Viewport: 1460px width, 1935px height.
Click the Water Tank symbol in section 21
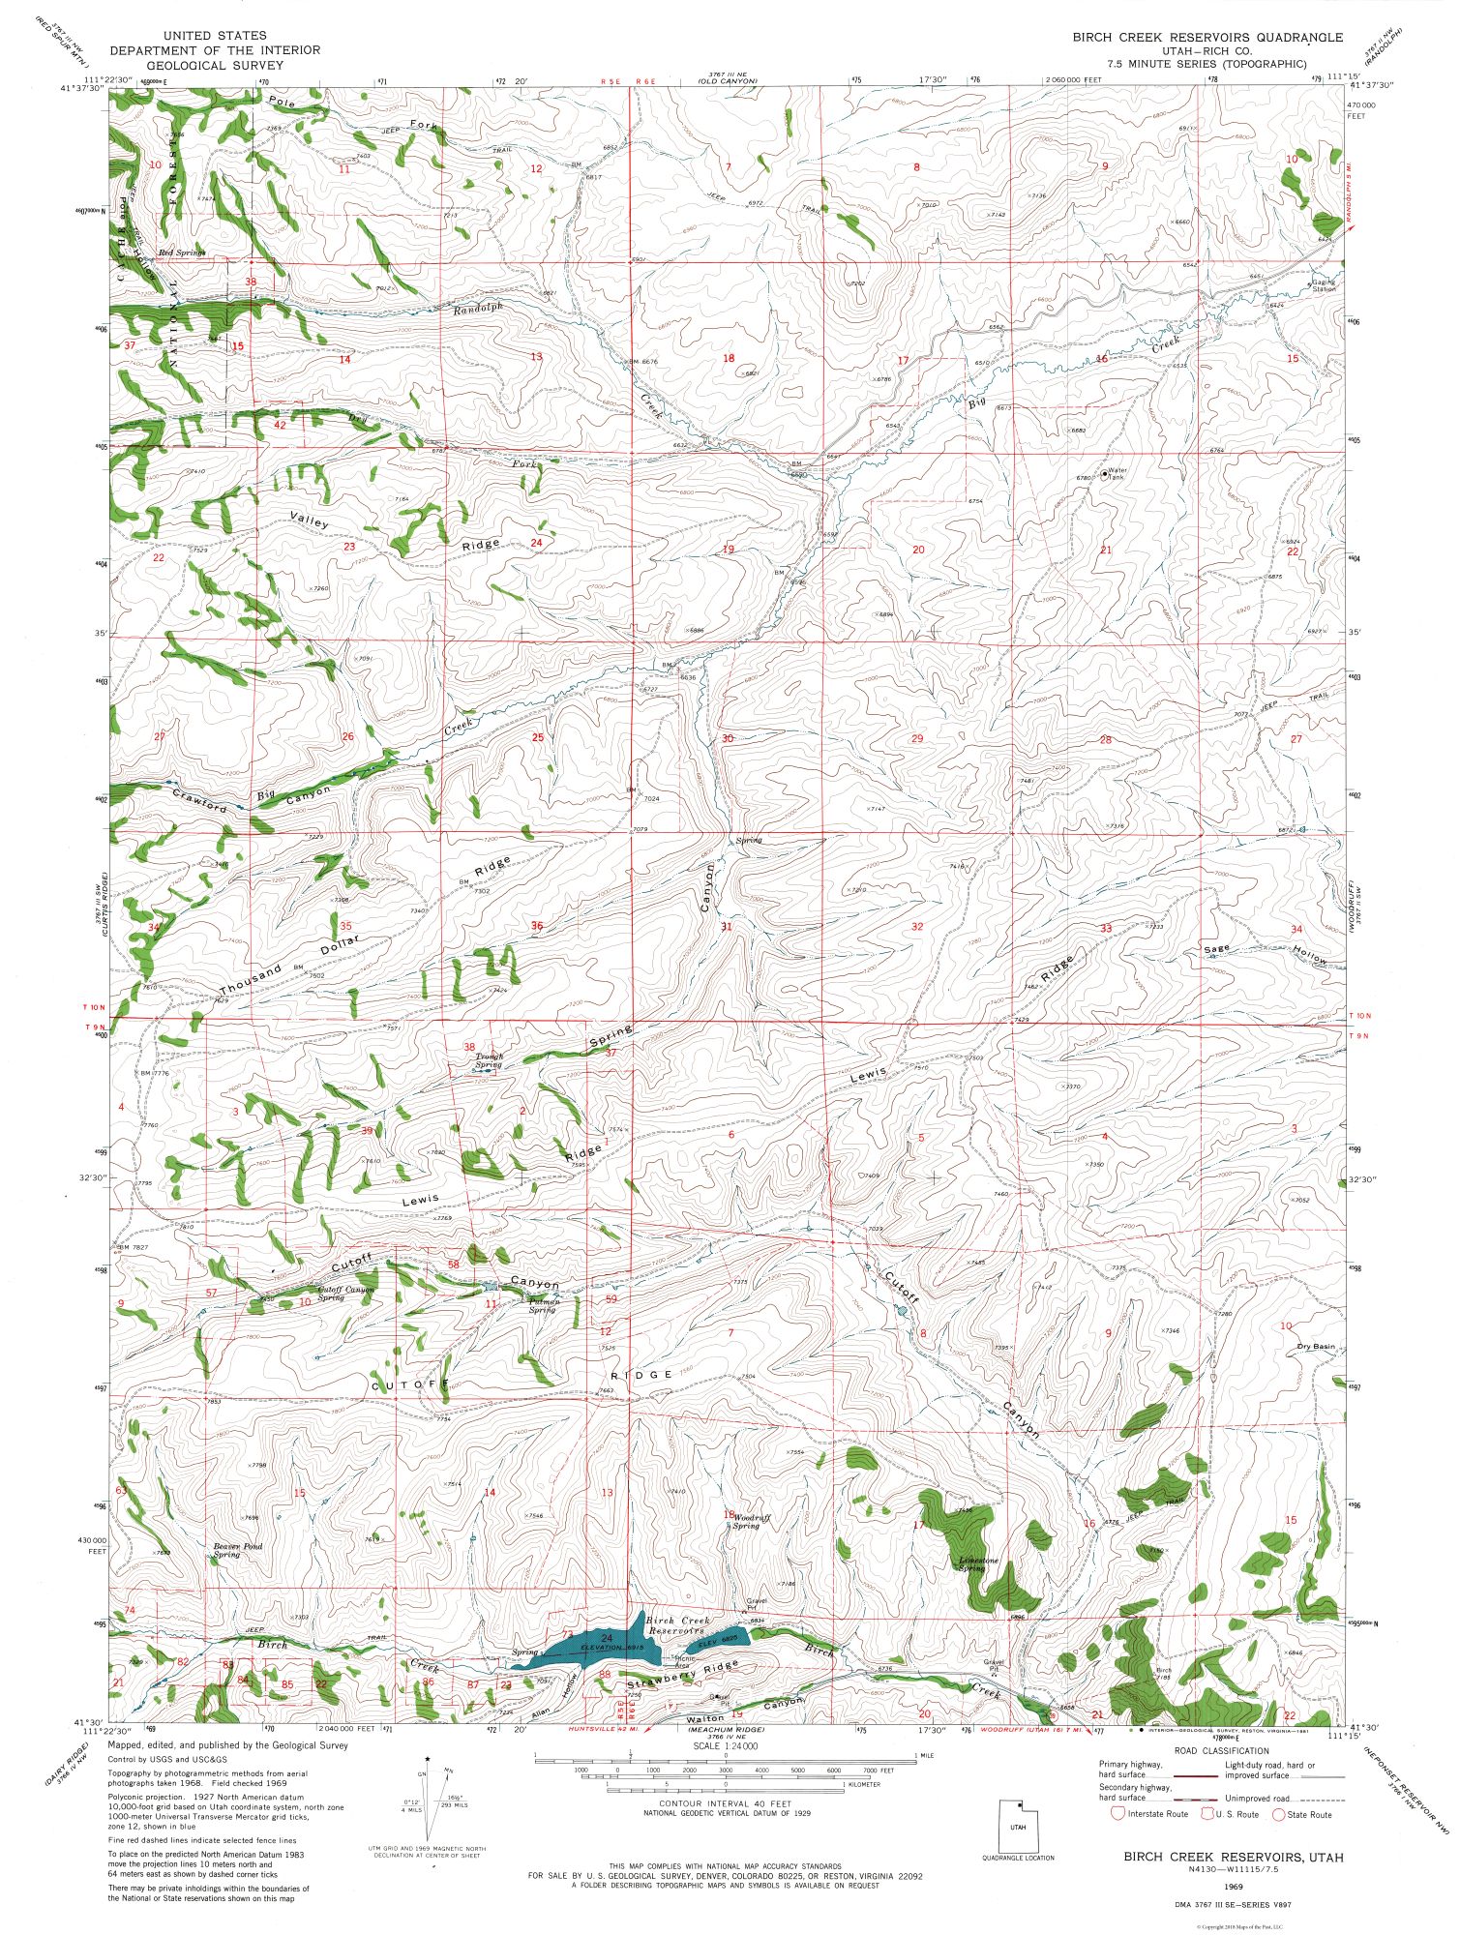(1104, 474)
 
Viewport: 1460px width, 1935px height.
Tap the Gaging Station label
(1323, 285)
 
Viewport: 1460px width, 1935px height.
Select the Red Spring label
(183, 252)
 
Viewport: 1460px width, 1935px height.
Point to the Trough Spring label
(488, 1060)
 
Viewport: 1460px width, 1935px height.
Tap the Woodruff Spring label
(752, 1521)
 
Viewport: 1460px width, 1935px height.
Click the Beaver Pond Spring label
(238, 1550)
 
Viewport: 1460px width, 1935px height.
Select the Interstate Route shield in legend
(1118, 1814)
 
